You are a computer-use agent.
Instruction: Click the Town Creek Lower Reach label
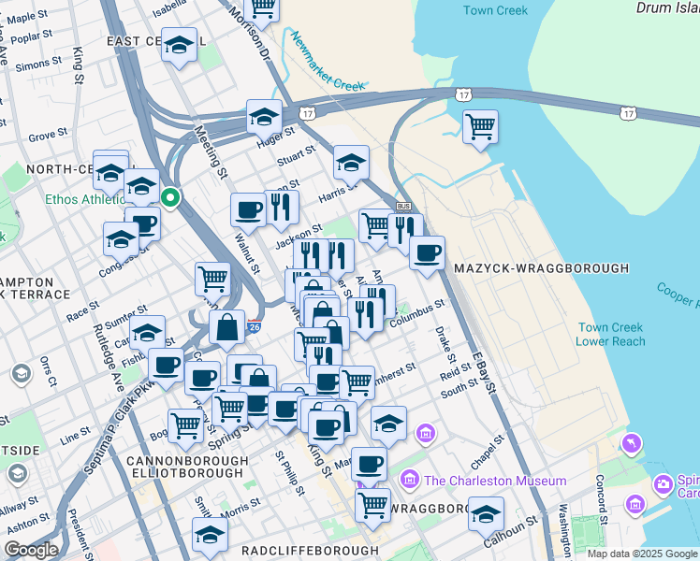(611, 335)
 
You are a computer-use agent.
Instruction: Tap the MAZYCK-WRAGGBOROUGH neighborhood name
(541, 268)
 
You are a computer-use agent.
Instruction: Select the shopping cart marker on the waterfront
(480, 126)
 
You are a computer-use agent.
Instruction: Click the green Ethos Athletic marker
(170, 197)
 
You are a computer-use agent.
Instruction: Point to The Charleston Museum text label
(494, 481)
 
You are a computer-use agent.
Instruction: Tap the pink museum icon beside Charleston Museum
(409, 481)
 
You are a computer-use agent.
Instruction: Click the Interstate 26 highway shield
(255, 327)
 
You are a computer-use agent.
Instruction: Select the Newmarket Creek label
(326, 62)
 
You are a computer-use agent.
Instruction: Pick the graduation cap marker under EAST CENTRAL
(178, 45)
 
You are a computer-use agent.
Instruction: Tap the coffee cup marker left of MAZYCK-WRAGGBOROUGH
(427, 252)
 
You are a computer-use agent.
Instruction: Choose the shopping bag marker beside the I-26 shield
(227, 326)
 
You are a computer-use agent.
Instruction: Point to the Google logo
(31, 550)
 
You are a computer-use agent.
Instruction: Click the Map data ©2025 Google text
(642, 554)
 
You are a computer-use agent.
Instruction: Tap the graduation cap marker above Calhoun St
(486, 513)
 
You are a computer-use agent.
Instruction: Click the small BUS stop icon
(404, 206)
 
